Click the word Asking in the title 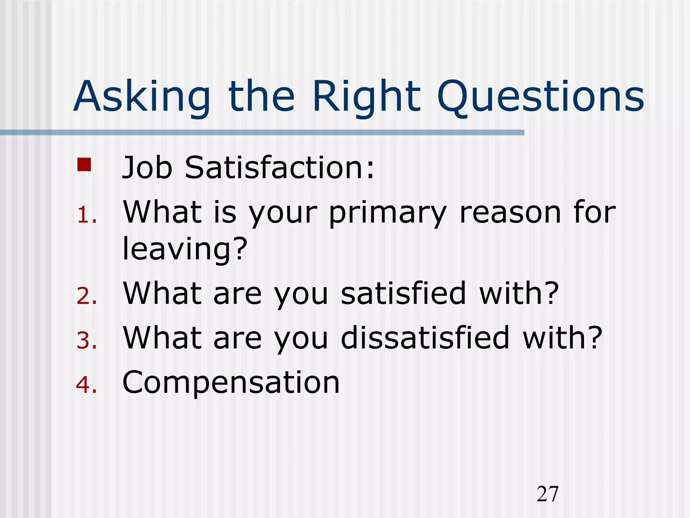[142, 97]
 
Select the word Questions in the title [540, 97]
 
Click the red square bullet [84, 165]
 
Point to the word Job [147, 168]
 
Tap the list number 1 [86, 215]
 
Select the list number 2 [86, 296]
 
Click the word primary [388, 214]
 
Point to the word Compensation [231, 383]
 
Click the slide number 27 [547, 494]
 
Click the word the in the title [261, 97]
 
